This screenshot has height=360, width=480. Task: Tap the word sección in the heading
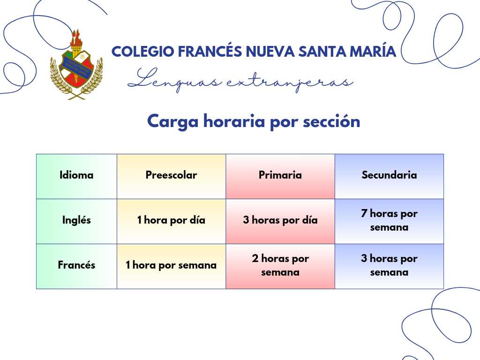(x=331, y=121)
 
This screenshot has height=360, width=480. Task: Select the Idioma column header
(x=76, y=175)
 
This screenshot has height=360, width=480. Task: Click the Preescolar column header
(x=171, y=175)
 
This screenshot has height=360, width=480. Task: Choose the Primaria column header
(x=280, y=175)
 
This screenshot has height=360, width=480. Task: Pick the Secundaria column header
(x=389, y=175)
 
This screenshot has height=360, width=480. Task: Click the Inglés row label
(x=76, y=220)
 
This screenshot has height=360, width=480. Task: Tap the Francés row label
(x=76, y=265)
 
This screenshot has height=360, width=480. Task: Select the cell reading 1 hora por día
(x=171, y=220)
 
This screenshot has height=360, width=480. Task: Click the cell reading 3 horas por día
(x=280, y=220)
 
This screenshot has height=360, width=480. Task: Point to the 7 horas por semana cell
(x=389, y=220)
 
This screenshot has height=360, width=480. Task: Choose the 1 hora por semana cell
(x=171, y=265)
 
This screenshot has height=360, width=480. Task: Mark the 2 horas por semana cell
(x=280, y=265)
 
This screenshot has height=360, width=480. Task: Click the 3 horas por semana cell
(x=389, y=265)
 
